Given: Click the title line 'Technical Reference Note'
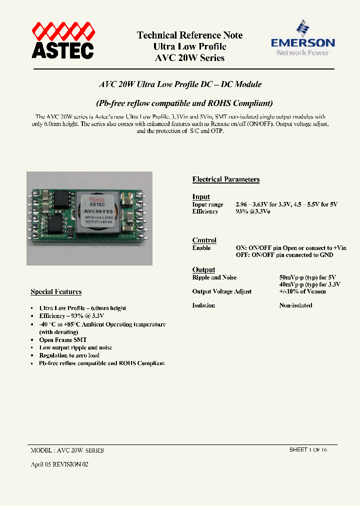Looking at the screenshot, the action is (189, 35).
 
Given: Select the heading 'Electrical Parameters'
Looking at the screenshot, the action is (226, 179).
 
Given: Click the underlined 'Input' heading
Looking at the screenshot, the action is (201, 196).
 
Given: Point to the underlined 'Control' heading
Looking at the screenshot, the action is (204, 240).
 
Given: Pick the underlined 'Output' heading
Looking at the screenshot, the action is (203, 269).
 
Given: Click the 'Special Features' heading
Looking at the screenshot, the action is (56, 291).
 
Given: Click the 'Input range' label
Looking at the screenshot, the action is (207, 204).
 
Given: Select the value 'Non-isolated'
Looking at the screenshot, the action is (295, 305).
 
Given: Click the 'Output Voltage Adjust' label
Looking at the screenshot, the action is (222, 291).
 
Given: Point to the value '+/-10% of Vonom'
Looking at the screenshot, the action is (302, 291).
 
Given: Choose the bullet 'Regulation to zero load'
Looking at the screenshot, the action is (69, 355).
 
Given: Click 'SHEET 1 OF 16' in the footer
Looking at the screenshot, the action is (308, 450).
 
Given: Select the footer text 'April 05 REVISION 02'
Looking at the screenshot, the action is (59, 464).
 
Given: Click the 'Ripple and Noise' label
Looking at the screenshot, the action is (214, 277).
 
